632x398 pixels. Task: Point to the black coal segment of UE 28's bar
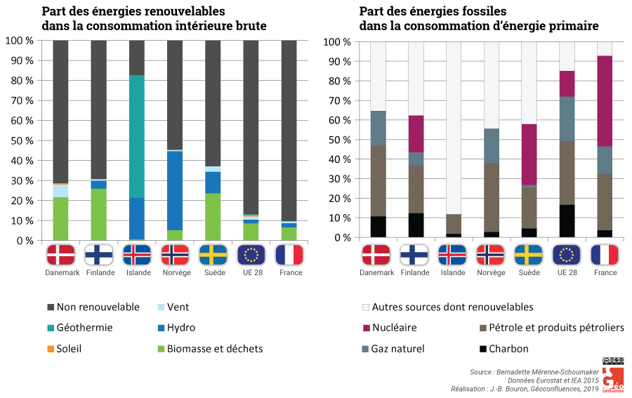pos(566,220)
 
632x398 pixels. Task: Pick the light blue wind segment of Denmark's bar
pos(60,191)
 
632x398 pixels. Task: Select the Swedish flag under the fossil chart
pos(528,254)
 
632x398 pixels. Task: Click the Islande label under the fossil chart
pos(452,272)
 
